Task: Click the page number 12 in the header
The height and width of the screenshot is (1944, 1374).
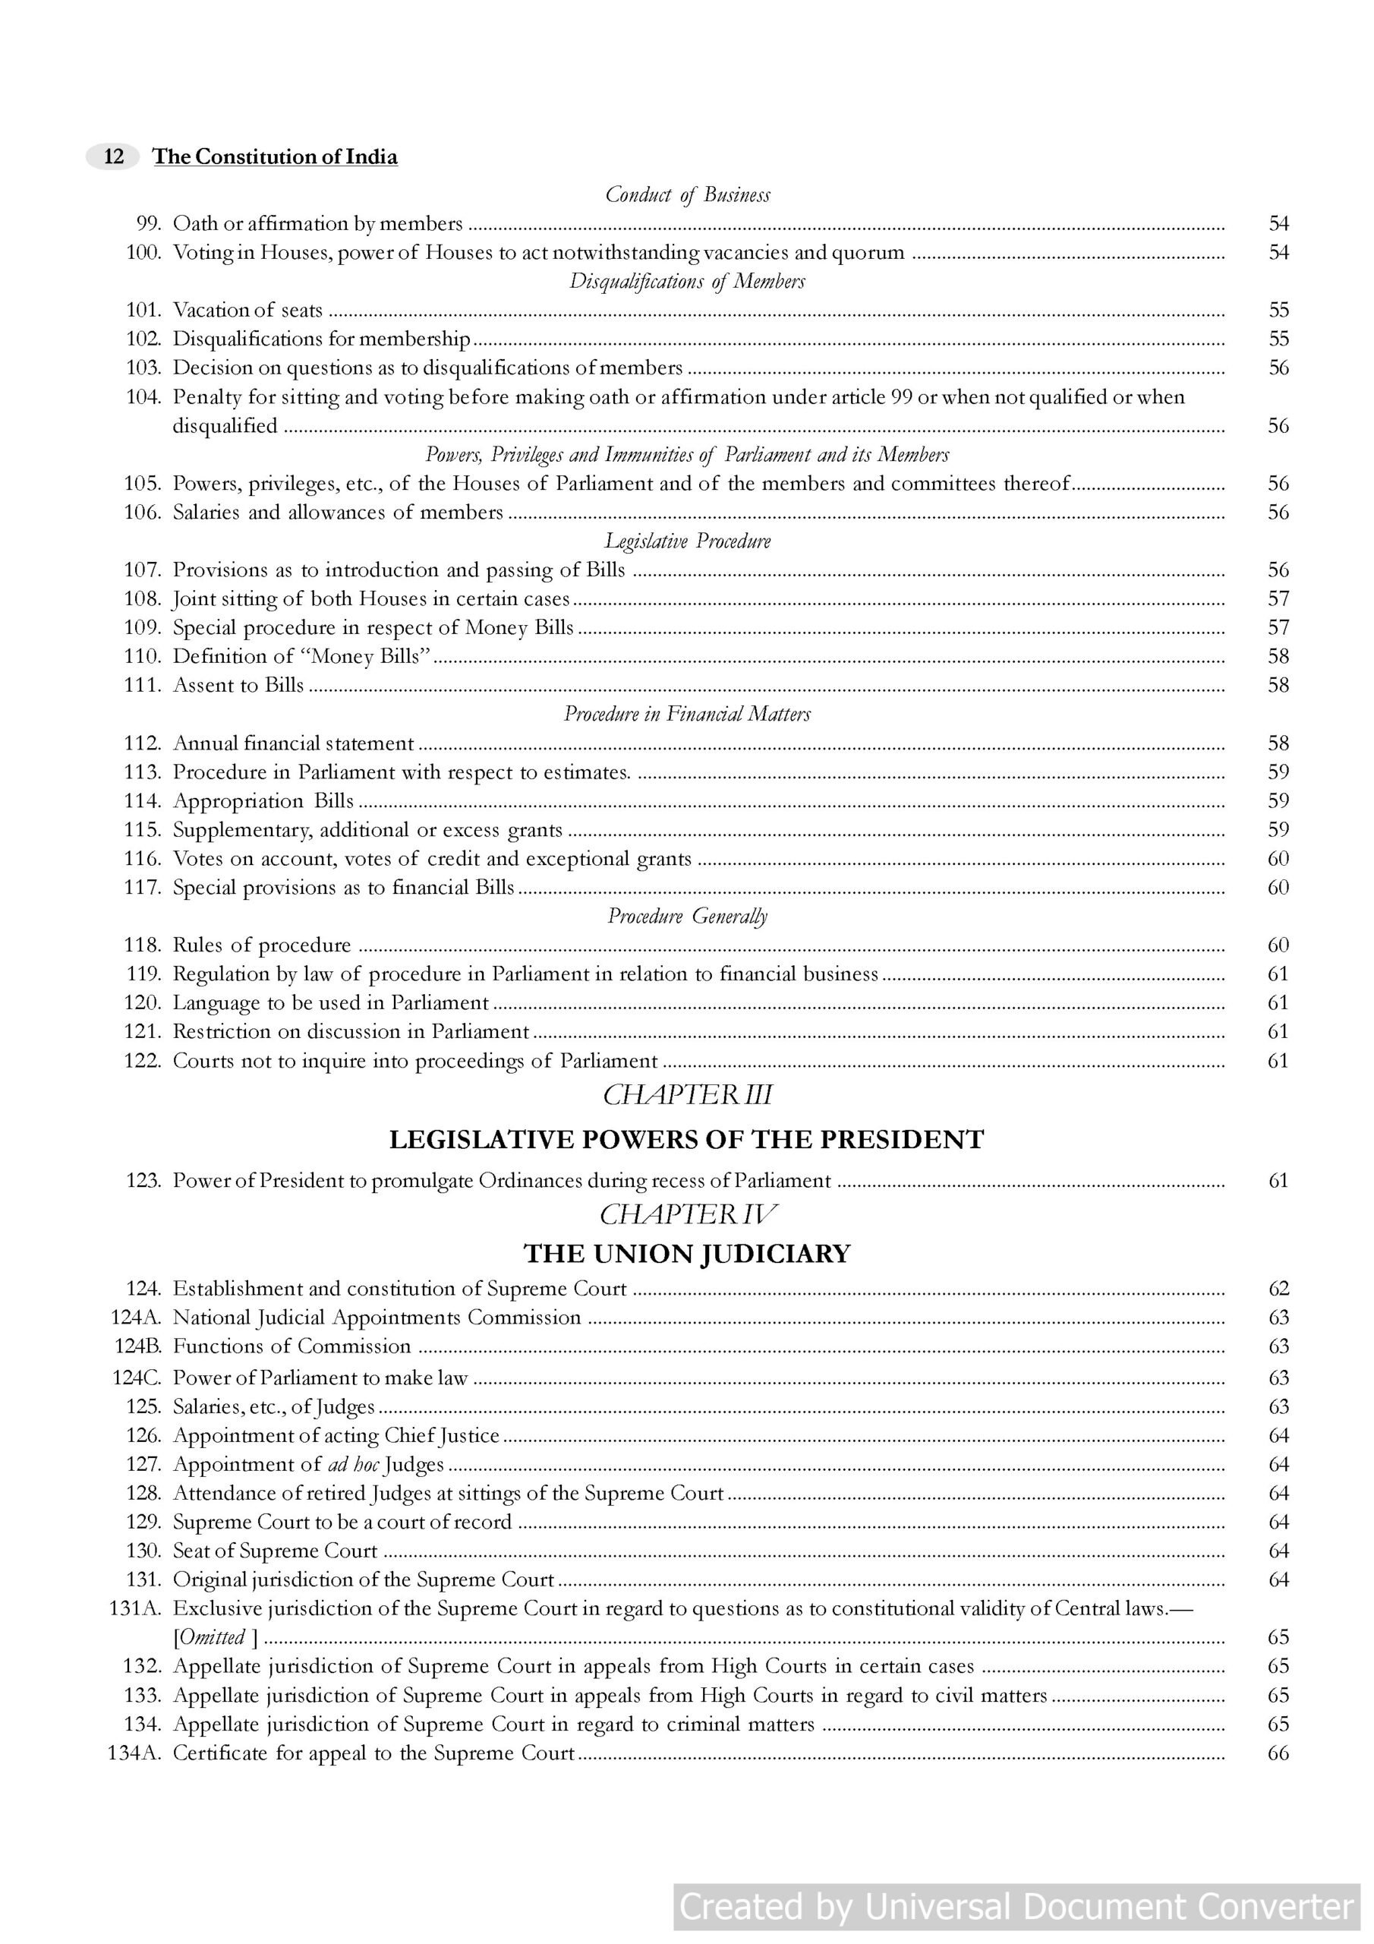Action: (113, 156)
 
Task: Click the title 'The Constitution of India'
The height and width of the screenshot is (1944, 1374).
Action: (275, 156)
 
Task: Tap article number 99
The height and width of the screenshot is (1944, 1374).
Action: (148, 223)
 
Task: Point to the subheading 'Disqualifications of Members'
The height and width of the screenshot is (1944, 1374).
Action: (688, 281)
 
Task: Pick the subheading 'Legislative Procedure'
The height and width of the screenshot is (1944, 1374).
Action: (688, 541)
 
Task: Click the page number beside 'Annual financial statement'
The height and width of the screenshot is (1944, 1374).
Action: (1278, 743)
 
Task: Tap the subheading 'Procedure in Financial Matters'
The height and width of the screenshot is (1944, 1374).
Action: (688, 714)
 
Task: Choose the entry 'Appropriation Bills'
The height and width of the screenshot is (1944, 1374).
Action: (263, 801)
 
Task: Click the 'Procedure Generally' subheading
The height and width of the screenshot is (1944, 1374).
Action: (688, 916)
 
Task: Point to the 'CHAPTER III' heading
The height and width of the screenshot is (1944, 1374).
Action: (688, 1095)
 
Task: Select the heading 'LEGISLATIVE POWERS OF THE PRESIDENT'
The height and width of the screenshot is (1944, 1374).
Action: (686, 1140)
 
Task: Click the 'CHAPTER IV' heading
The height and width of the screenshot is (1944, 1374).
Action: (688, 1215)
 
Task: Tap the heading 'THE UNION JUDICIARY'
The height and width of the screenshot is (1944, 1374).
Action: (686, 1254)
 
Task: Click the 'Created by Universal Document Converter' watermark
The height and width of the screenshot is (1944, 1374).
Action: (1016, 1907)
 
